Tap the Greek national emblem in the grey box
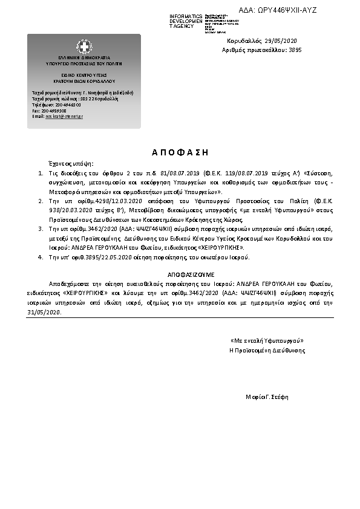(84, 46)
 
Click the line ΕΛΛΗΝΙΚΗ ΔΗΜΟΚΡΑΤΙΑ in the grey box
(83, 58)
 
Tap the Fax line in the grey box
(50, 111)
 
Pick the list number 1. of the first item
(40, 173)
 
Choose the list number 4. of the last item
(40, 258)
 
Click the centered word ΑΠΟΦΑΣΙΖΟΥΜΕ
(180, 274)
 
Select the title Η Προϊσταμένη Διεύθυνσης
(267, 351)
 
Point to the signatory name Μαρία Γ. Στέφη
(267, 397)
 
